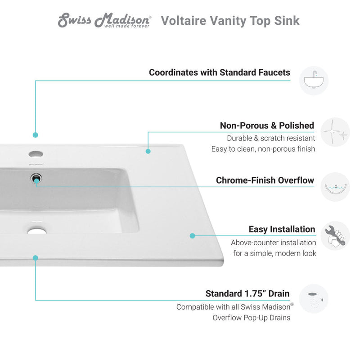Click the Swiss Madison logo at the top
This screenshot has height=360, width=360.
click(104, 21)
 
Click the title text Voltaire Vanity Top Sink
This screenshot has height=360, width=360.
click(230, 21)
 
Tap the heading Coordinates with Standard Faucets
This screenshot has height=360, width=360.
click(220, 72)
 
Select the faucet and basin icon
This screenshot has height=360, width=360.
click(314, 81)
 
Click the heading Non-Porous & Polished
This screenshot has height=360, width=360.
click(267, 126)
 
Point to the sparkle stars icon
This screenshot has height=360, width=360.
click(335, 132)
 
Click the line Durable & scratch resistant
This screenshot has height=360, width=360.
click(271, 138)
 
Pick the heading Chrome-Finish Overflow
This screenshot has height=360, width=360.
click(265, 180)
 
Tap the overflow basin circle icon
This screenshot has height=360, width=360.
click(335, 187)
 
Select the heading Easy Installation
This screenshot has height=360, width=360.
click(282, 229)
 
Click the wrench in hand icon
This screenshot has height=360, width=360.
click(335, 236)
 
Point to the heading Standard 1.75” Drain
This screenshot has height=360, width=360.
click(247, 293)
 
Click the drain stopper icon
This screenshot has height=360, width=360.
click(314, 299)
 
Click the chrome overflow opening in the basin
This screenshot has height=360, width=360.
click(36, 178)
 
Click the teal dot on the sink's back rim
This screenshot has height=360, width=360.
click(148, 151)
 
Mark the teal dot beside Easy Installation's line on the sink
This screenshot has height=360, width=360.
click(192, 235)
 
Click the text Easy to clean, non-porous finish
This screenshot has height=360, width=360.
click(263, 149)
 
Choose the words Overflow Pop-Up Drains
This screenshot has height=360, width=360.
click(252, 318)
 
